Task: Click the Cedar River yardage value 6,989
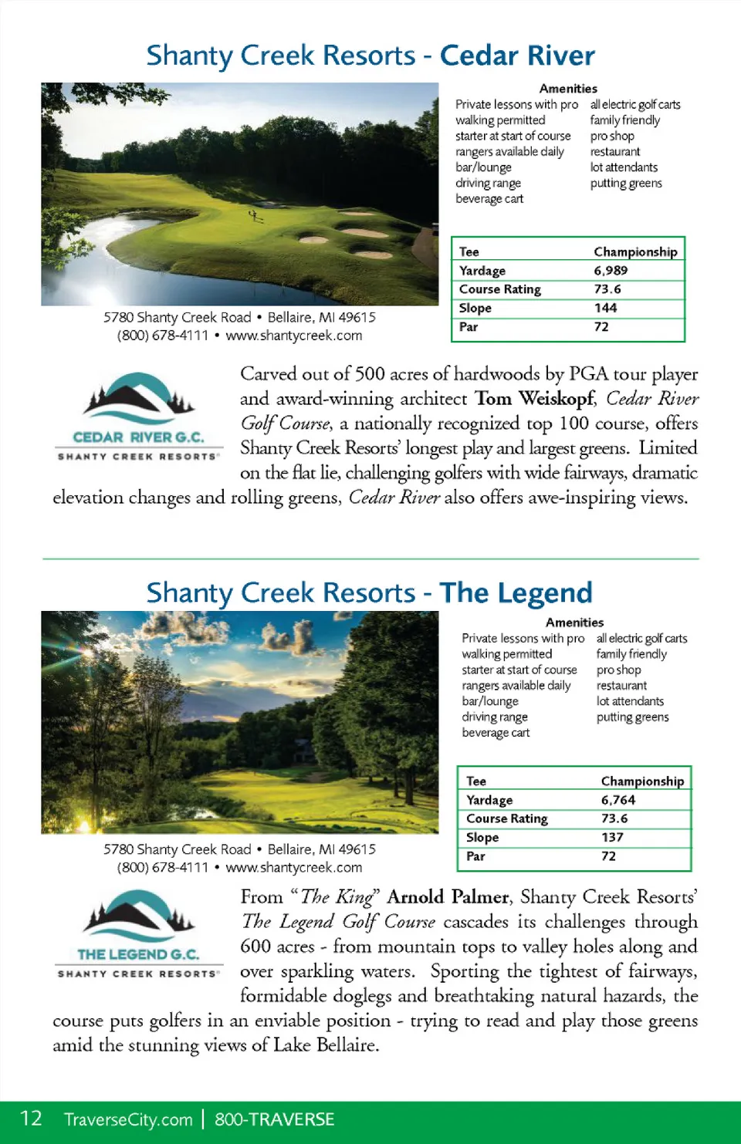click(x=611, y=271)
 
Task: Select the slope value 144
click(x=605, y=308)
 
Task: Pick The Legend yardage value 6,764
click(x=618, y=800)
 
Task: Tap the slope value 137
click(x=612, y=837)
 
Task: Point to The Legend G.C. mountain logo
click(x=138, y=913)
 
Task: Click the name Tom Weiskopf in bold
click(x=535, y=399)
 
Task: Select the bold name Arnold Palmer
click(x=448, y=897)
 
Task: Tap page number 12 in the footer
click(x=31, y=1119)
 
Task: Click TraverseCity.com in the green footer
click(x=128, y=1119)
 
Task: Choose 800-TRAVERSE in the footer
click(x=274, y=1119)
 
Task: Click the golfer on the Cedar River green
click(x=252, y=216)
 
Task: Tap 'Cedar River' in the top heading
click(x=517, y=56)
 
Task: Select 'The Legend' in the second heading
click(x=516, y=592)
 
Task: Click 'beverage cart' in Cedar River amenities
click(x=489, y=199)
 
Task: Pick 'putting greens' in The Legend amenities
click(x=632, y=717)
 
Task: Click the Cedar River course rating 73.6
click(x=607, y=289)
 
